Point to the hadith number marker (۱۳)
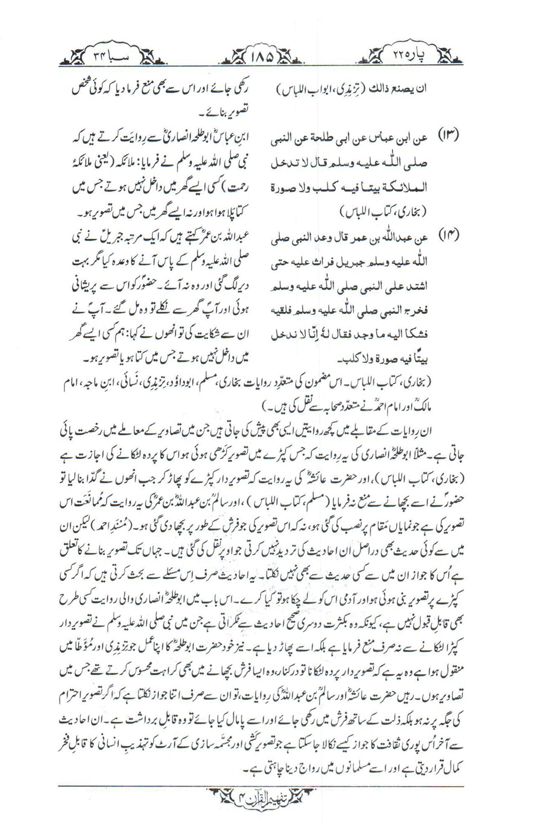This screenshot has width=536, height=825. [451, 137]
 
